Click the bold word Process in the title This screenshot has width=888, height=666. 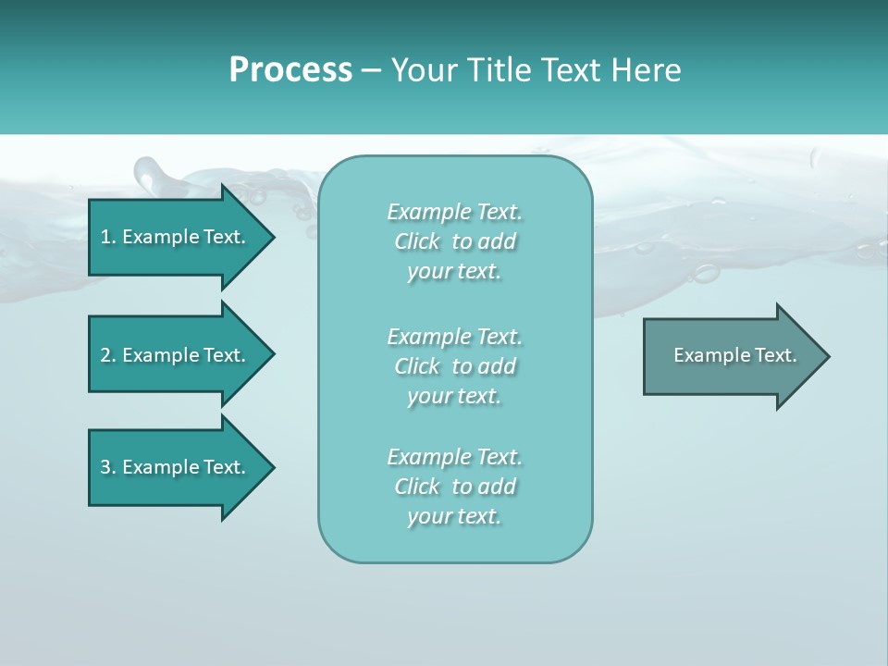(290, 70)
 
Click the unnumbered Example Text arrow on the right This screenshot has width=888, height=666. (734, 355)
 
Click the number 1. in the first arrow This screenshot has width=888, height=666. (107, 237)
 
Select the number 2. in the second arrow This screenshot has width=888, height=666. (107, 355)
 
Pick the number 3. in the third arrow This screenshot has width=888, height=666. (107, 467)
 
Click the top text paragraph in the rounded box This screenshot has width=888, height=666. (454, 241)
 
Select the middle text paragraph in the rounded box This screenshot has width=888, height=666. (454, 366)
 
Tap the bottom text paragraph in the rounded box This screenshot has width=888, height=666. (454, 487)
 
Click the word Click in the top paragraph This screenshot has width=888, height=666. (417, 242)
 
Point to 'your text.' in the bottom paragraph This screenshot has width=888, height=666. (454, 516)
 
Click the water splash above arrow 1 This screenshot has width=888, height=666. (154, 174)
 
